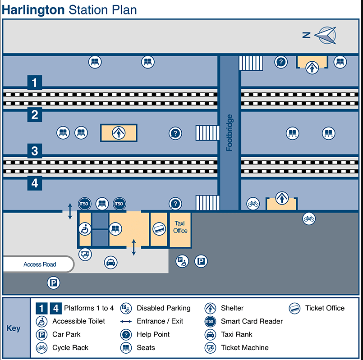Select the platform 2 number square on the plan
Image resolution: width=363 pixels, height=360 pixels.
35,115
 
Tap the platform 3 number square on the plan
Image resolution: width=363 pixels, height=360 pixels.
35,151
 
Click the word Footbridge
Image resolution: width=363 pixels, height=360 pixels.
230,133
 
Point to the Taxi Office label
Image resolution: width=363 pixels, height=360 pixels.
180,227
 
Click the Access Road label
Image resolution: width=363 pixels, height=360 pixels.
40,264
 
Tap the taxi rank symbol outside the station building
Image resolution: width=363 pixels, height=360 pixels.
111,262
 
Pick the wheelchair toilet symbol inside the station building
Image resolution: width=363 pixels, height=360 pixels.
85,229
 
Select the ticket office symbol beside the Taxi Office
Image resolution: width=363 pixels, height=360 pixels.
159,229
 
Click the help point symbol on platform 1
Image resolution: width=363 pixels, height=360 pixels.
281,62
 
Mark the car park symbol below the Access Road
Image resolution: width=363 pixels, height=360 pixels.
54,283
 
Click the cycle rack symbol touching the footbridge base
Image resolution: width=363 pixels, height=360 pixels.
253,204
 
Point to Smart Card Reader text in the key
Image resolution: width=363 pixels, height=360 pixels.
252,321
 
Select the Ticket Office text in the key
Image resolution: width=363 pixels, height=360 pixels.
325,308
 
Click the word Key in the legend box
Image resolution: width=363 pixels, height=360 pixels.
14,328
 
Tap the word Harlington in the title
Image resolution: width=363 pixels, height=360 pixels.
33,9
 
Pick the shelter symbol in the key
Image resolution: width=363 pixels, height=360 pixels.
210,309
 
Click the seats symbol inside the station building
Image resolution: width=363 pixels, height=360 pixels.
115,229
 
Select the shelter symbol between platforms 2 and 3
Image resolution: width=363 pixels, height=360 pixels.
118,133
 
